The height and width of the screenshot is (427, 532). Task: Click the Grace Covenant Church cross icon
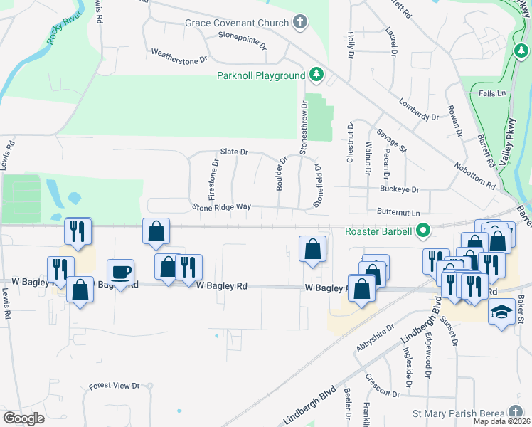coord(300,21)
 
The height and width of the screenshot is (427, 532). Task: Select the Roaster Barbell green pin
coord(423,231)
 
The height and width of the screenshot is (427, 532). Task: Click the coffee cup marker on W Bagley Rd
coord(120,272)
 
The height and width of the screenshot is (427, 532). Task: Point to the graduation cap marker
coord(501,312)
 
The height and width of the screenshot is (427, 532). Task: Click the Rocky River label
coord(61,30)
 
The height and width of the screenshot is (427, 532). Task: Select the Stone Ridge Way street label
coord(222,206)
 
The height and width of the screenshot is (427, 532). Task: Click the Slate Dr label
coord(233,152)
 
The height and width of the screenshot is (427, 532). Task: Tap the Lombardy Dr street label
coord(418,110)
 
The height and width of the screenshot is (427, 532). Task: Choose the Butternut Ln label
coord(398,213)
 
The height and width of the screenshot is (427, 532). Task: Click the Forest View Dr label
coord(114,386)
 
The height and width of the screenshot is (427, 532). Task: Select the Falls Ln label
coord(492,93)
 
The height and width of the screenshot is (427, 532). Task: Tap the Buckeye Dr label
coord(400,190)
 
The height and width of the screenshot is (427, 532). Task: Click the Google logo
coord(23,418)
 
